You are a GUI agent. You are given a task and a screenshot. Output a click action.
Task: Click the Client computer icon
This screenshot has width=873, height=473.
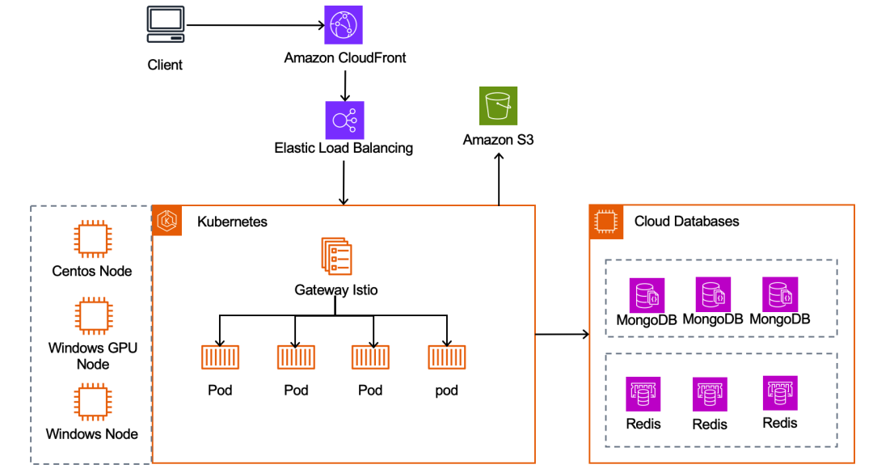coord(165,25)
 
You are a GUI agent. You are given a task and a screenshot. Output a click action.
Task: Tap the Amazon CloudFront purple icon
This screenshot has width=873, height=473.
coord(344,25)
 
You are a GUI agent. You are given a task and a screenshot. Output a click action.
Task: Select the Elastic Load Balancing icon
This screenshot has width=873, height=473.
coord(344,120)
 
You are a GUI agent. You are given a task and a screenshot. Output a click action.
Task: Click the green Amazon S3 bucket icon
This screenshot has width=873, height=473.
coord(498,106)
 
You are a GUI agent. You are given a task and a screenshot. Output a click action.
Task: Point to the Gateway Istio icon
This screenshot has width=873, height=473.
coord(335,256)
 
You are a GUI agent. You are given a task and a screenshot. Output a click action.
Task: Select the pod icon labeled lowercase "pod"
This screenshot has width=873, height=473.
coord(446,357)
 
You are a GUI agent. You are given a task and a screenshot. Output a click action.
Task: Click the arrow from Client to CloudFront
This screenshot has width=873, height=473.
coord(255,25)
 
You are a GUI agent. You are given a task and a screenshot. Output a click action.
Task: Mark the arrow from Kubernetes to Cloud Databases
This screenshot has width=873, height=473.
coord(562,333)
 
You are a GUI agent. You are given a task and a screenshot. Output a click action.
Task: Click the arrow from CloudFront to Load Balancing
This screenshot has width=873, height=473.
coord(345,84)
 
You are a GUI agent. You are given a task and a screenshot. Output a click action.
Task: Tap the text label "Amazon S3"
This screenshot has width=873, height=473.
coord(498,140)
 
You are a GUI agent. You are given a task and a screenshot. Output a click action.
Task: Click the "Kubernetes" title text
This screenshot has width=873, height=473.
coord(232,222)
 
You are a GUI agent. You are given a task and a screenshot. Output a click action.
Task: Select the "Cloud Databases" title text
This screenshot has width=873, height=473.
coord(686,222)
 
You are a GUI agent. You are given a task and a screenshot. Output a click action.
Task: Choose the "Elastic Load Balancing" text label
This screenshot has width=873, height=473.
coord(344,148)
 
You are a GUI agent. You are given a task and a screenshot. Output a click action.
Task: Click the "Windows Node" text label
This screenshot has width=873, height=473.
coord(91,434)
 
